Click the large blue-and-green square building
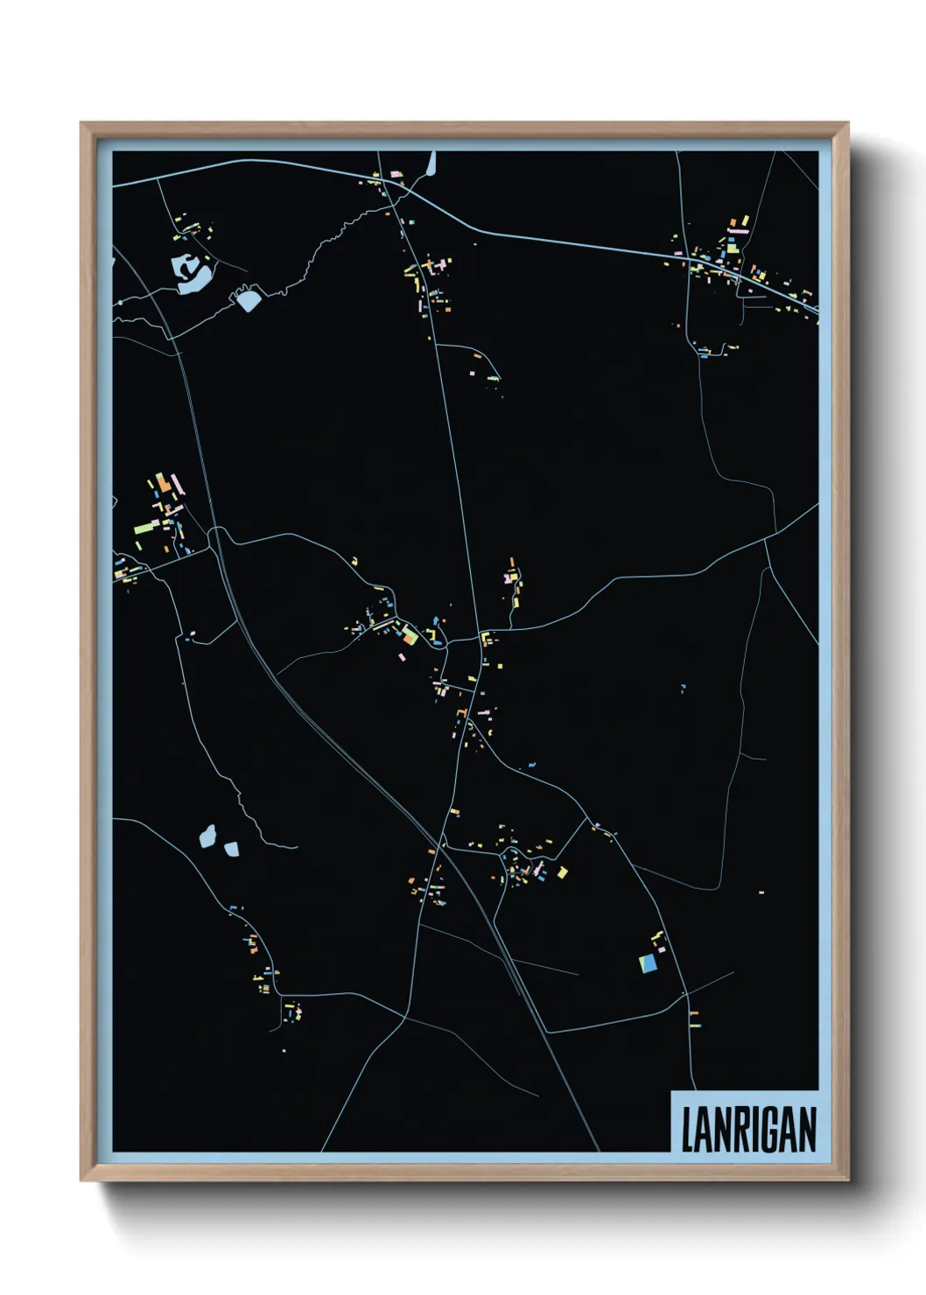648,962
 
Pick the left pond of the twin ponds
207,836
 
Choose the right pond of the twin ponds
232,848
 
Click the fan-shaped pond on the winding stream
249,300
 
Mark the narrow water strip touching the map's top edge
431,164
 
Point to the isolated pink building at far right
761,892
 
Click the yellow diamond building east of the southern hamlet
562,871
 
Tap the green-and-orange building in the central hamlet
410,634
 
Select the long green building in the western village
145,527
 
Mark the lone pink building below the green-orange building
402,656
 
